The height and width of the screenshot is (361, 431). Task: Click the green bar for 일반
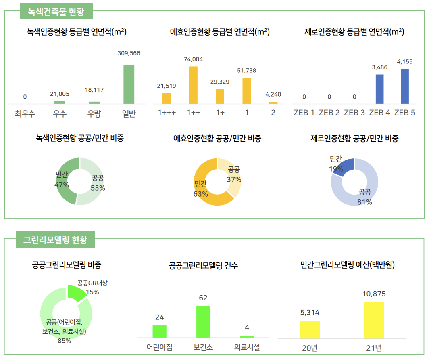tap(129, 84)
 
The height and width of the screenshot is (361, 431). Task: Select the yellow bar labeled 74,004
tap(193, 85)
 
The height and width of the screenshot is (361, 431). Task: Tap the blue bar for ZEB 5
tap(404, 86)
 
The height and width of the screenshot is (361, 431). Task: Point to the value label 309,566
tap(129, 53)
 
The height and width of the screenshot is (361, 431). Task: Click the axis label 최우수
tap(25, 113)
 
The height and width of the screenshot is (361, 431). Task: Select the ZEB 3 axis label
tap(354, 113)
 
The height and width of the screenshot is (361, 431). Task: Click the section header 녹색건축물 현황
tap(56, 12)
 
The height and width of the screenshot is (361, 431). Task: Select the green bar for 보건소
tap(203, 321)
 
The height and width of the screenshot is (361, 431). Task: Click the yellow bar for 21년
tap(374, 320)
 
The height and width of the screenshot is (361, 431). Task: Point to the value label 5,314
tap(310, 312)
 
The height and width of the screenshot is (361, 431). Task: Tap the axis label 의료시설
tap(247, 347)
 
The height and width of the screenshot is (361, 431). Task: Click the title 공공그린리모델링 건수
tap(203, 266)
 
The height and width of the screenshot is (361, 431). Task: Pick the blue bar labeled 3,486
tap(379, 89)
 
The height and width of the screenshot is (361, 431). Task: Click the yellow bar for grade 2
tap(273, 103)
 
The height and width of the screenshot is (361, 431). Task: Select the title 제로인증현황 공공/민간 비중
tap(354, 139)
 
